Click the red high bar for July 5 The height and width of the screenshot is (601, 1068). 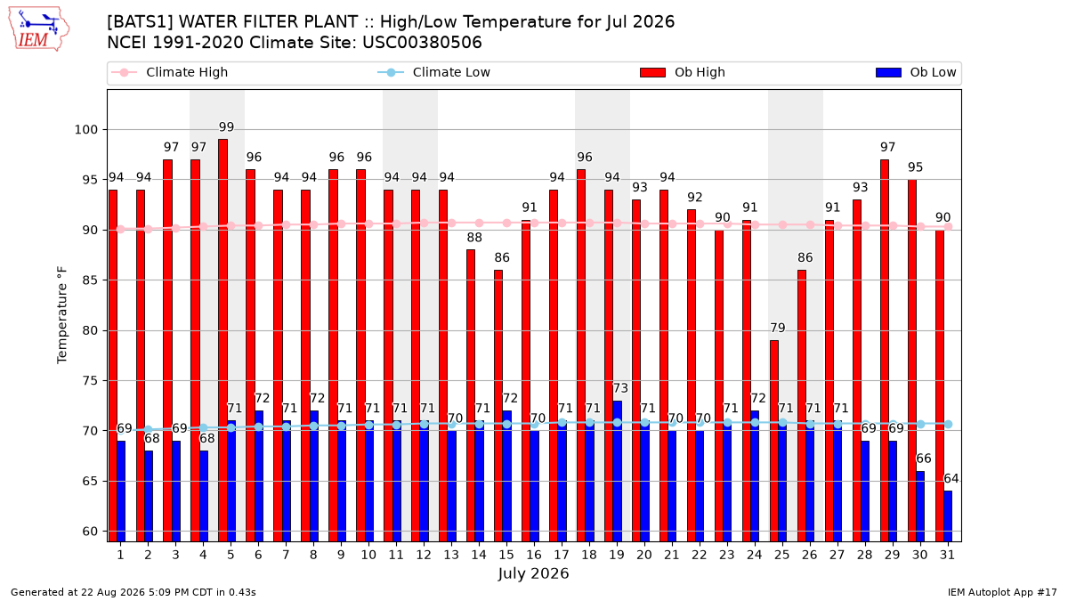tap(222, 340)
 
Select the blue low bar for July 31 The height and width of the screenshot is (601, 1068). tap(948, 516)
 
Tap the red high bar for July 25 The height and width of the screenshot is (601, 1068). tap(773, 442)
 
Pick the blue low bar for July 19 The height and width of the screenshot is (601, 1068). tap(617, 471)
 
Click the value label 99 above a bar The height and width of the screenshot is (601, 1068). tap(226, 127)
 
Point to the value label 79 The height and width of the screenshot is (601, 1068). tap(778, 329)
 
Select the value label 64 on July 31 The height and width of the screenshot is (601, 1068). tap(951, 478)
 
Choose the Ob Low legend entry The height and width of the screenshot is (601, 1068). tap(916, 72)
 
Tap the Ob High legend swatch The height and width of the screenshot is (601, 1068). tap(652, 72)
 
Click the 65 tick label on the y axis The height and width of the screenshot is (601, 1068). tap(90, 482)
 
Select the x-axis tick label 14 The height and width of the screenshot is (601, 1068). tap(479, 556)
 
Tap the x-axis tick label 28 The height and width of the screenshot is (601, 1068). tap(864, 556)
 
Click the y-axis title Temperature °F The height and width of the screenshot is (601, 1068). tap(62, 315)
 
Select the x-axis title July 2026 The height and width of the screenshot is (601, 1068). tap(533, 573)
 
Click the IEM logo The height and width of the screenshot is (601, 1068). tap(38, 28)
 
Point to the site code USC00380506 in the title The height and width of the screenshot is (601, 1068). tap(422, 43)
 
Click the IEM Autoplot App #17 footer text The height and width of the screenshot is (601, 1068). tap(1002, 592)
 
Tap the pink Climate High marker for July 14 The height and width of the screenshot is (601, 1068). tap(479, 223)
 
